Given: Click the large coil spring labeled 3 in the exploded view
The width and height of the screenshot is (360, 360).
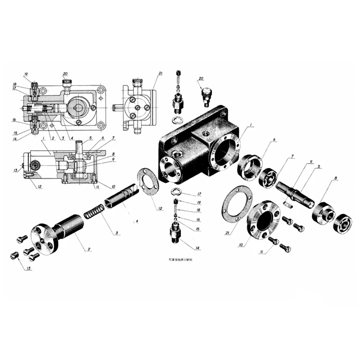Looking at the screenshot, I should point(94,211).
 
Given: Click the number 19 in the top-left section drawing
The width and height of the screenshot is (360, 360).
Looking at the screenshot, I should point(27,74).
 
